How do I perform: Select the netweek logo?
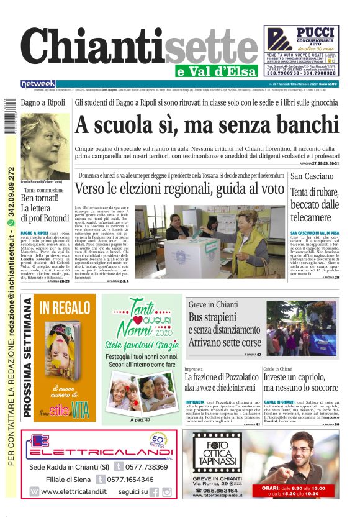(38, 84)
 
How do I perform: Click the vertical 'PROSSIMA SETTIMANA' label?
(28, 357)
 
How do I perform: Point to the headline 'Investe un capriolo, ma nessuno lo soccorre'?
(300, 382)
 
